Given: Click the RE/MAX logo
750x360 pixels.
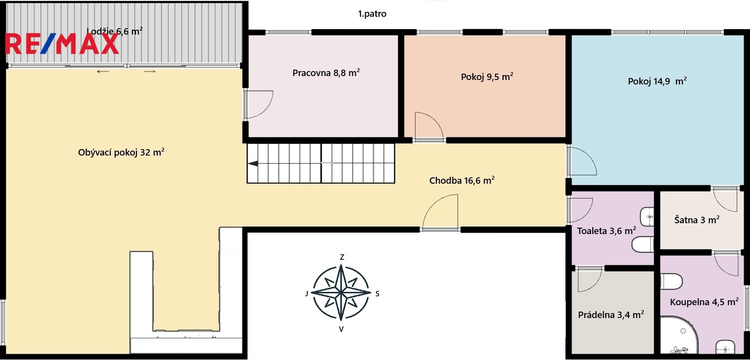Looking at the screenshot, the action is [x=62, y=44].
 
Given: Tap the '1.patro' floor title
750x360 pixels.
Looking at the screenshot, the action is [x=372, y=14].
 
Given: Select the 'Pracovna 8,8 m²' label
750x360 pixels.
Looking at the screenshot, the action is [x=326, y=73].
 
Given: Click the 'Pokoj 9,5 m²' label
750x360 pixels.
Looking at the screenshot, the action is [x=487, y=77].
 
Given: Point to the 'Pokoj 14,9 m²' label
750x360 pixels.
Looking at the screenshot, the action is [x=657, y=81].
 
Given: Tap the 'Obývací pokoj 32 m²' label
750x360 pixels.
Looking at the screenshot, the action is [x=121, y=152].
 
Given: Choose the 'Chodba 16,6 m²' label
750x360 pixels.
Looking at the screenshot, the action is [x=462, y=180].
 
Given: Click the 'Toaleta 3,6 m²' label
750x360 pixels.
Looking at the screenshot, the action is [x=606, y=231].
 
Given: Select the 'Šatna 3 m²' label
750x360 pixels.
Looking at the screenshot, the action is [x=697, y=220].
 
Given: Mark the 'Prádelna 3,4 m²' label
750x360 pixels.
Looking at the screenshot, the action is [x=611, y=315].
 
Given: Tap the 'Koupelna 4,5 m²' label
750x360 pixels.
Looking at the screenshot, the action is [x=704, y=302].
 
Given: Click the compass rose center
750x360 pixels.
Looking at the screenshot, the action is [x=341, y=292].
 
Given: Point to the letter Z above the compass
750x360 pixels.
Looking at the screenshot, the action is [x=342, y=257].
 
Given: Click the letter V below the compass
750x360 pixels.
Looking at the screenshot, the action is [x=341, y=329].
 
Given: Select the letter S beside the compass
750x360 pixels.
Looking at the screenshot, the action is [x=377, y=294].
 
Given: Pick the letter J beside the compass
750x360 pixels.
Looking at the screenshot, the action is [x=307, y=294].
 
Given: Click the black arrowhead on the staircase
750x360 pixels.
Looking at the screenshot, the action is [x=253, y=163].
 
